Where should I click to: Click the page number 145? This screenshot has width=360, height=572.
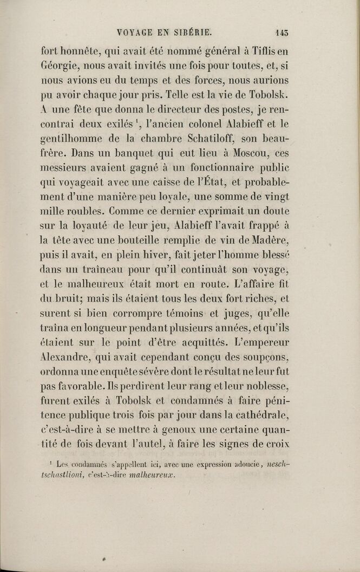click(x=282, y=32)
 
